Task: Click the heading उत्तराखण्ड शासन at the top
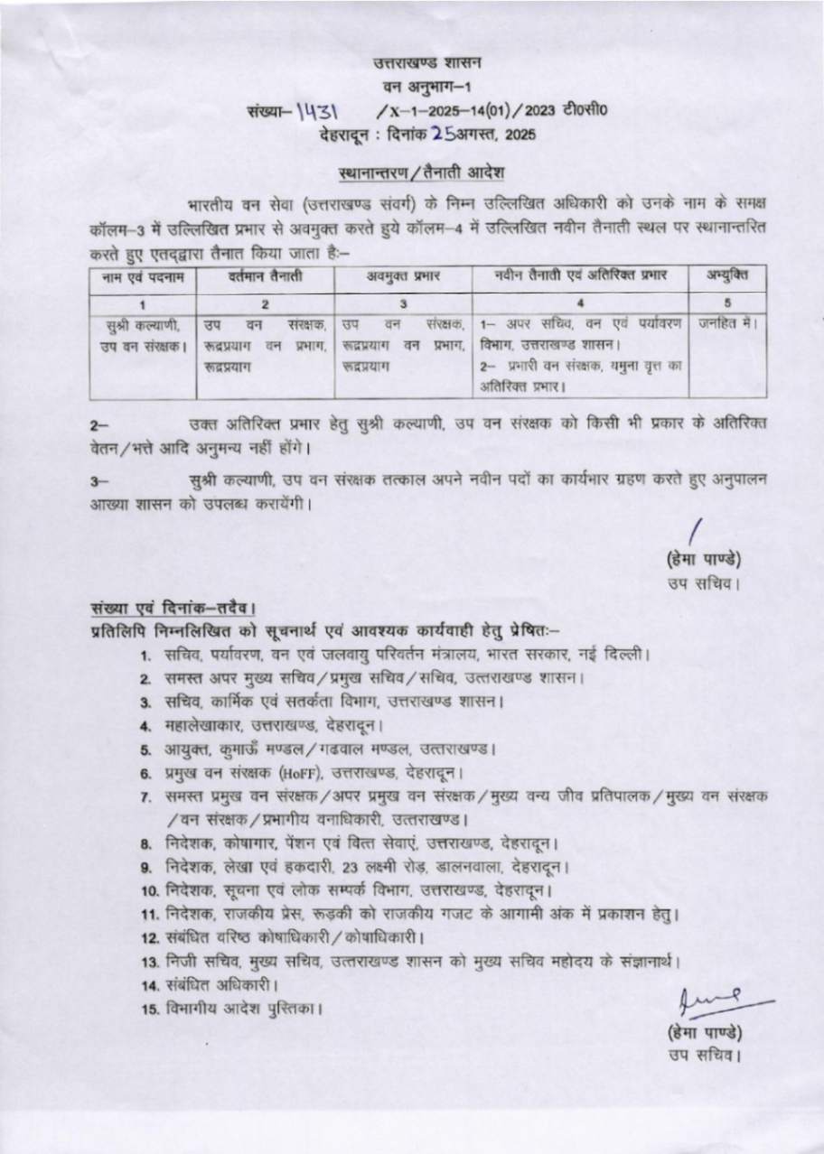[x=428, y=62]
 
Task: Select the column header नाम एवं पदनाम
[x=142, y=276]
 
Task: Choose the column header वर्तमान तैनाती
[x=265, y=276]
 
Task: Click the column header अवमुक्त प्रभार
[x=403, y=276]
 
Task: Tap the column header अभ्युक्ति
[x=728, y=276]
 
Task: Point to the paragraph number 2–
[x=98, y=425]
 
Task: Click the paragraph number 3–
[x=98, y=483]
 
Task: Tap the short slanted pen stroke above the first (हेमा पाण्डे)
[x=696, y=533]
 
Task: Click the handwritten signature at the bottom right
[x=718, y=1001]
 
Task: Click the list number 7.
[x=145, y=797]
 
